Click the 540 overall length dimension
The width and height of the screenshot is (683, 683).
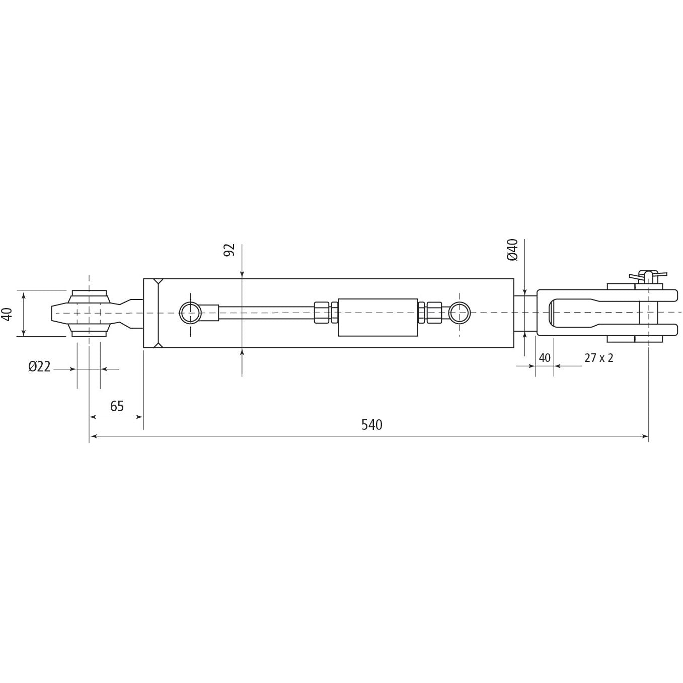coord(371,425)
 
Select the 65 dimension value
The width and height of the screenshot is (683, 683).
coord(117,406)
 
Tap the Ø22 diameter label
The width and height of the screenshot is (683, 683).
coord(39,367)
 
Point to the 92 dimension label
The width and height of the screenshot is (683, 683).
coord(230,250)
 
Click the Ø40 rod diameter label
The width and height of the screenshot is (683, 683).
coord(513,250)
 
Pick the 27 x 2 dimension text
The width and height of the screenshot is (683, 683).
coord(598,358)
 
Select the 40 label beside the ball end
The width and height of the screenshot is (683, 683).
coord(7,314)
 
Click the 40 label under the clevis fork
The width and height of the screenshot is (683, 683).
coord(545,358)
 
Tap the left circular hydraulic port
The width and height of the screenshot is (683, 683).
coord(190,313)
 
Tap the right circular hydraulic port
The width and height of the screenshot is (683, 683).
coord(459,313)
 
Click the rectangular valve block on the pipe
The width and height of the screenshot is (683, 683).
coord(378,317)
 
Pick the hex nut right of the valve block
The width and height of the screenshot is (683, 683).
coord(430,313)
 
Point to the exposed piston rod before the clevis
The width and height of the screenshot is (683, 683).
coord(525,313)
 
